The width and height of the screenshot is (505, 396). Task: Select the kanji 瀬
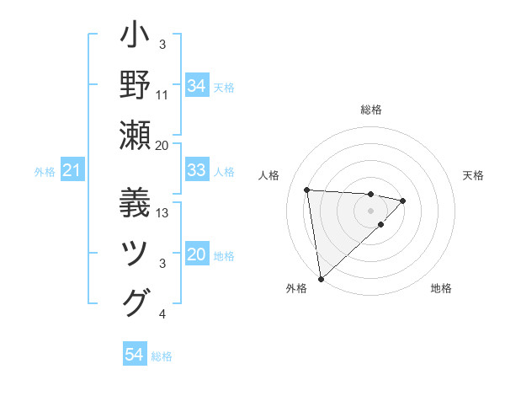(x=136, y=135)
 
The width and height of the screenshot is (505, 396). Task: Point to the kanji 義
(x=136, y=202)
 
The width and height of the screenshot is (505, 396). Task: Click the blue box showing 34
(x=196, y=85)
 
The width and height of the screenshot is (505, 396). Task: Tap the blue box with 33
(x=196, y=170)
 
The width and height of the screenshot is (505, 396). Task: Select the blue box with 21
(x=72, y=171)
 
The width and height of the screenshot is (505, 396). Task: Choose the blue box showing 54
(x=134, y=355)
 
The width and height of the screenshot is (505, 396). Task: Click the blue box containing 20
(x=196, y=254)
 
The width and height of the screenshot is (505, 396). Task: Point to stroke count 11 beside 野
(x=162, y=94)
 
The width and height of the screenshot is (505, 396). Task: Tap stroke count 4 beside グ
(x=162, y=314)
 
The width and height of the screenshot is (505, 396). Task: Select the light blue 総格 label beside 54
(x=162, y=356)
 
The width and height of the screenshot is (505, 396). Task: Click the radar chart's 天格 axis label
(x=473, y=175)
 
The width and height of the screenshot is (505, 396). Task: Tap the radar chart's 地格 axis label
(x=441, y=288)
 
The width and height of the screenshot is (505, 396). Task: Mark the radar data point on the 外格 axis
(x=321, y=279)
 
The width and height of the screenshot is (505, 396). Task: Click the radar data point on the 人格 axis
(x=307, y=190)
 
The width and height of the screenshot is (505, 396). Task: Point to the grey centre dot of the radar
(x=371, y=210)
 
